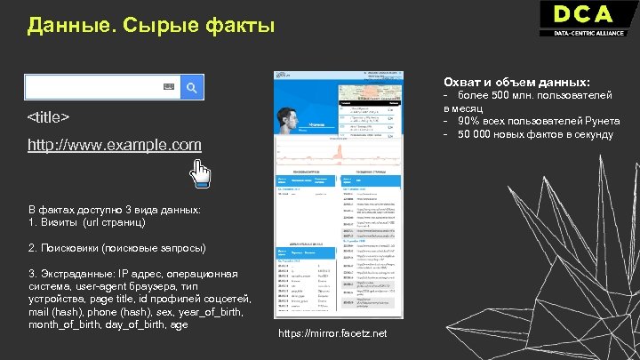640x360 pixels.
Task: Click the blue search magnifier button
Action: (193, 86)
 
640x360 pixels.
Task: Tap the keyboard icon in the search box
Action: (168, 86)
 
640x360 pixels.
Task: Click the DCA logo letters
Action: (582, 15)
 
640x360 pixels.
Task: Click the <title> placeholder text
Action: (49, 118)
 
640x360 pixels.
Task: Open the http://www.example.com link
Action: (115, 144)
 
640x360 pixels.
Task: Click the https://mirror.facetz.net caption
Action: (332, 333)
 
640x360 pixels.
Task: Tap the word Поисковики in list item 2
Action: (69, 248)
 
